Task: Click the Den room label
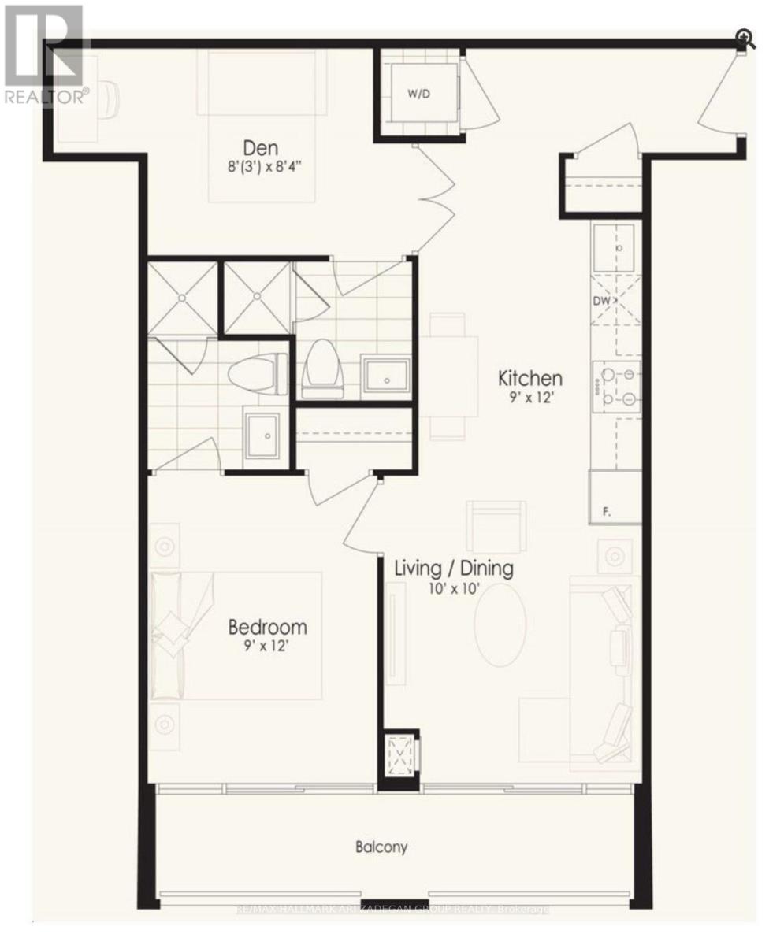(261, 147)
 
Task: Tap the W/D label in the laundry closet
(418, 94)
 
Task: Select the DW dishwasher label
(602, 301)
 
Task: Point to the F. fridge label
(606, 512)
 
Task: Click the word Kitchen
(529, 378)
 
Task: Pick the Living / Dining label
(454, 568)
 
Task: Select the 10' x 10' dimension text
(454, 587)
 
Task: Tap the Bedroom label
(267, 628)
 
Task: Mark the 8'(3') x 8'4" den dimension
(261, 166)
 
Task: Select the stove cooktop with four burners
(616, 386)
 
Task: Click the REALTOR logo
(44, 55)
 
